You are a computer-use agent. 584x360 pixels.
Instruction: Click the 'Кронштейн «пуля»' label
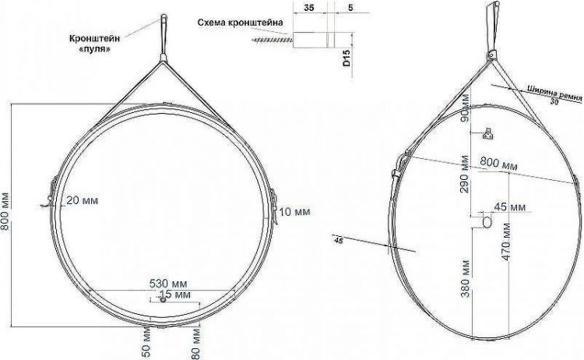click(x=94, y=43)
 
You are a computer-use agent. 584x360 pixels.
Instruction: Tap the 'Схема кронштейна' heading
click(x=241, y=23)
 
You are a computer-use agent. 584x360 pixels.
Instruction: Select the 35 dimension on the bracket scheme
click(x=309, y=8)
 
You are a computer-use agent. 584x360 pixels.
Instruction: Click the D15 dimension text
click(x=347, y=58)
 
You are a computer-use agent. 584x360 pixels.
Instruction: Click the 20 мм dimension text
click(x=83, y=200)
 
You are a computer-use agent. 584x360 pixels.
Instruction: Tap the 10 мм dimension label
click(x=294, y=212)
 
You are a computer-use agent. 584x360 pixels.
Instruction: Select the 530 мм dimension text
click(x=168, y=284)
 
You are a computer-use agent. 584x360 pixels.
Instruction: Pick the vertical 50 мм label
click(x=146, y=343)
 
